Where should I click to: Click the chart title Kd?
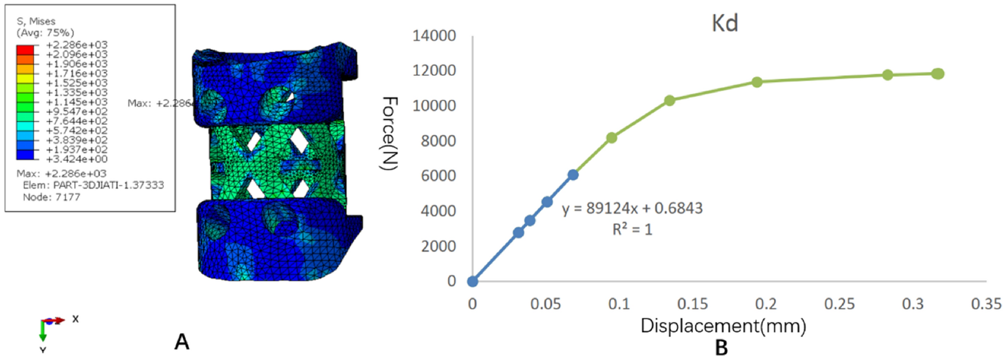725,24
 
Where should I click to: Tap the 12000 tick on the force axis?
434,71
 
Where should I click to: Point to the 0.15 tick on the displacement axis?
693,304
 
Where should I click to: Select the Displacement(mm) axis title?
723,326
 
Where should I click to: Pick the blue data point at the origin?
472,281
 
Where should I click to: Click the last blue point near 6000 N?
573,174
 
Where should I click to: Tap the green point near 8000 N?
611,137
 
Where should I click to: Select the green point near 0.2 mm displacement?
757,82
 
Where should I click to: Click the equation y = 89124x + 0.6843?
632,208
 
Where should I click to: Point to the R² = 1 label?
632,230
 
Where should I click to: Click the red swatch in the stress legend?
25,50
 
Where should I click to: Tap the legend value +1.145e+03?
77,102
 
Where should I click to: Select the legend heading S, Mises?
36,21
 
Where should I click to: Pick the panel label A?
182,342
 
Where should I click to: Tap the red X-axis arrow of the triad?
56,320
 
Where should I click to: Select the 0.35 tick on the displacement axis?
986,304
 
